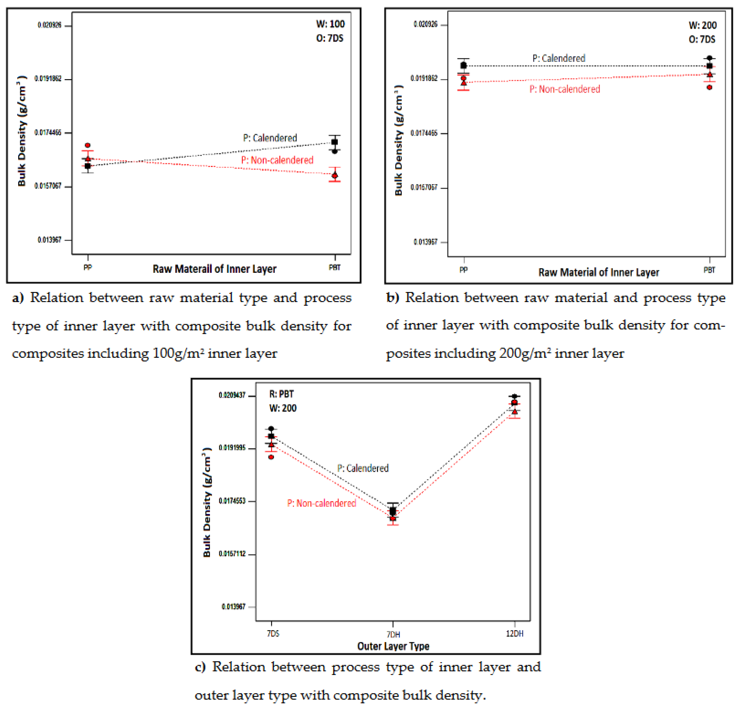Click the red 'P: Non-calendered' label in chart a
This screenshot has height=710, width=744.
tap(277, 160)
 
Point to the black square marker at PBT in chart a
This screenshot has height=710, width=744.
tap(334, 142)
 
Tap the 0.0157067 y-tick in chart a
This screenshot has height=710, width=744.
tap(48, 186)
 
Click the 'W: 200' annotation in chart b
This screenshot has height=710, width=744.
tap(702, 25)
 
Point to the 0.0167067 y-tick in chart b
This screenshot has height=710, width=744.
tap(424, 187)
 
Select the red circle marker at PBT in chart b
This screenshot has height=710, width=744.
tap(710, 87)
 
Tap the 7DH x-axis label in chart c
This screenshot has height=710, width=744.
tap(393, 634)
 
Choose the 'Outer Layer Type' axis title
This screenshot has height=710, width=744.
tap(393, 646)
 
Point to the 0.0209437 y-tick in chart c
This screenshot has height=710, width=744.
tap(232, 395)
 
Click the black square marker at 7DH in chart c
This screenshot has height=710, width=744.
tap(393, 511)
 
